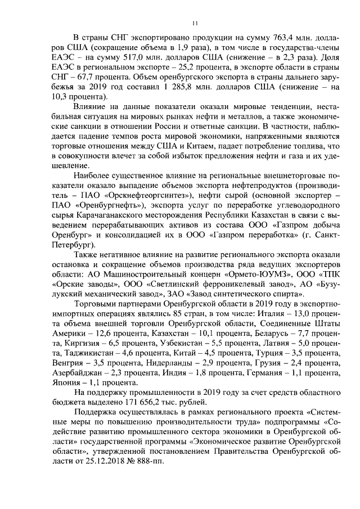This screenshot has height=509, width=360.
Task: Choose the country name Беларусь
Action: tap(284, 333)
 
